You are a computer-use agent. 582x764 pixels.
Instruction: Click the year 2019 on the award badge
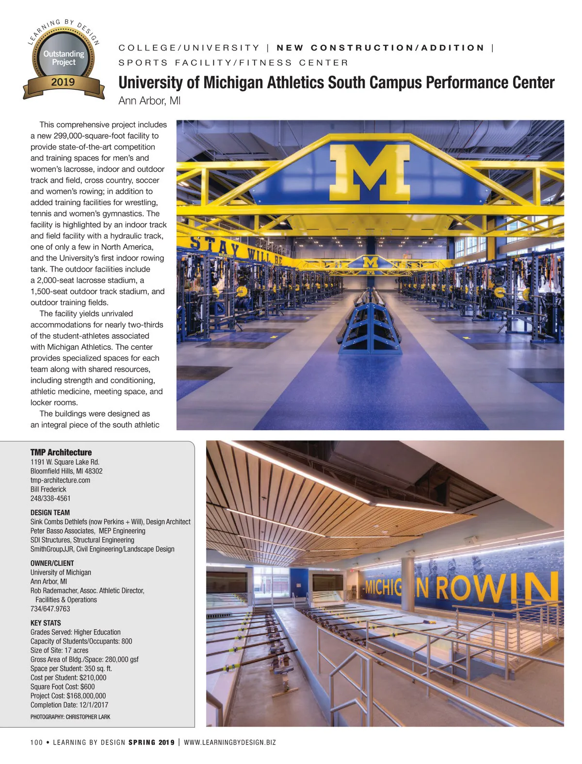point(63,82)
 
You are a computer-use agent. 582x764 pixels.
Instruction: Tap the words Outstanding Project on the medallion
point(64,58)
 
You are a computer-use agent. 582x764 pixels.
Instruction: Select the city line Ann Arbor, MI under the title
point(149,101)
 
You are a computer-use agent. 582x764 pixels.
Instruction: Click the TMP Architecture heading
point(61,452)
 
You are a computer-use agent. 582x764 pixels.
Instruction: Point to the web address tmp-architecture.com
point(60,480)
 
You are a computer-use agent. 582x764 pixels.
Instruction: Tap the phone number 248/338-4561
point(50,498)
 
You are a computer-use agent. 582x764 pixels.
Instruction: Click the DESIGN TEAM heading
point(50,513)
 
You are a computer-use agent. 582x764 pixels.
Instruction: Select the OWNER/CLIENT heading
point(52,563)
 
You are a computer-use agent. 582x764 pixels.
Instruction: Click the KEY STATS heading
point(46,623)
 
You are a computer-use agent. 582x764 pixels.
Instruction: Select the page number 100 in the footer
point(36,742)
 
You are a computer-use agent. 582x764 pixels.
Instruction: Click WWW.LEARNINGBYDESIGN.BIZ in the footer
point(230,742)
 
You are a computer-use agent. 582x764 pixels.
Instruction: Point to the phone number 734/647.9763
point(50,609)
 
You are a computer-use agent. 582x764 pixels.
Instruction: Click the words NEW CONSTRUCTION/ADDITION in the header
point(380,48)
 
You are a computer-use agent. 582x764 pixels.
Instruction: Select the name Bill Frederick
point(48,489)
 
